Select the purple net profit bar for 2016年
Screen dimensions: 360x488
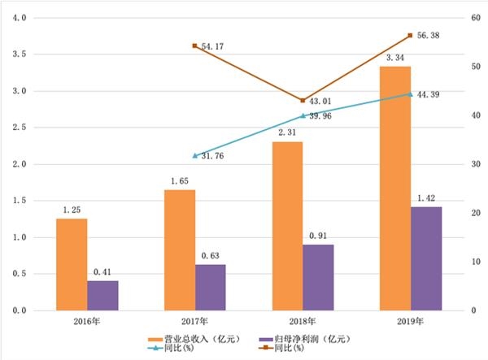coord(102,295)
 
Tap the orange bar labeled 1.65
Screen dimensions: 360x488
coord(179,249)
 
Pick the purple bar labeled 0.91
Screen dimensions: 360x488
coord(318,277)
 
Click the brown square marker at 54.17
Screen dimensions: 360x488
coord(195,46)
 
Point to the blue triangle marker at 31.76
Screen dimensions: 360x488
coord(195,155)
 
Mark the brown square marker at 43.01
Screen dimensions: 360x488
coord(303,100)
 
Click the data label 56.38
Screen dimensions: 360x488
coord(429,36)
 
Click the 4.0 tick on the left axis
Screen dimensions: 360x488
coord(20,18)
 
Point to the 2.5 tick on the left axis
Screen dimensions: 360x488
coord(20,128)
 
